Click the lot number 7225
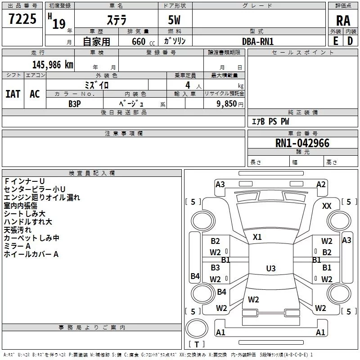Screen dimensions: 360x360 [22, 19]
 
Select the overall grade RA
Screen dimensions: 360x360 [343, 21]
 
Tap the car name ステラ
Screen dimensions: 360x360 [116, 21]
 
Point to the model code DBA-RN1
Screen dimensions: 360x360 [258, 41]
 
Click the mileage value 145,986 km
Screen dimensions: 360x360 [52, 65]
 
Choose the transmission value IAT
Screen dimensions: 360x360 [13, 94]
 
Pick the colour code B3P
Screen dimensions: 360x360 [74, 103]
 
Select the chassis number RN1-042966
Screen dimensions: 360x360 [302, 143]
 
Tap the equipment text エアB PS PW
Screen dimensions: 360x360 [270, 121]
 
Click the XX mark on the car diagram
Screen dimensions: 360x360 [327, 206]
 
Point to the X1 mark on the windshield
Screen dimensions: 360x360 [257, 237]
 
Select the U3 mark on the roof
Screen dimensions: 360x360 [270, 269]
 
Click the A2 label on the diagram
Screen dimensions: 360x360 [321, 184]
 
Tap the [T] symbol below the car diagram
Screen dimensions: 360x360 [197, 344]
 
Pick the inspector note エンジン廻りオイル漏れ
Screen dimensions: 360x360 [42, 197]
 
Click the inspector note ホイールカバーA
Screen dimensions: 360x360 [31, 254]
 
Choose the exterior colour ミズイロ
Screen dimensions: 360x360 [97, 85]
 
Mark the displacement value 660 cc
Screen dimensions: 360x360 [138, 41]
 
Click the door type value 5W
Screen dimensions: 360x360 [175, 21]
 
